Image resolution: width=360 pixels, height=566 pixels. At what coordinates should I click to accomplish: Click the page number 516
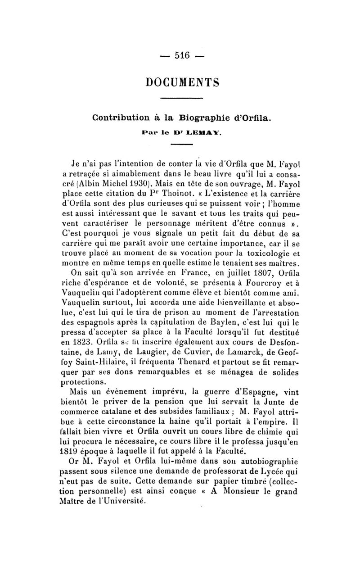(x=180, y=56)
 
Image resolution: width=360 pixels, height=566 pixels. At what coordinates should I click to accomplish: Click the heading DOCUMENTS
(x=182, y=82)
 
